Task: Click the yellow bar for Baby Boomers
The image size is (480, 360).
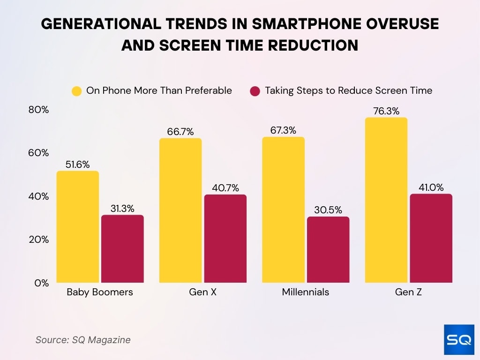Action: click(78, 227)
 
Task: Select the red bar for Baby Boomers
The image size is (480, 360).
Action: click(122, 249)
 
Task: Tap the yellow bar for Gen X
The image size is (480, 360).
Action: click(180, 210)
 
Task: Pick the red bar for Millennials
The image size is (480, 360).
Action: click(328, 250)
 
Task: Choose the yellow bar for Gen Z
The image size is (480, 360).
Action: click(386, 200)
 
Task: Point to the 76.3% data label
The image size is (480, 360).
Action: click(386, 111)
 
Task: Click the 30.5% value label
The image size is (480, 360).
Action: click(328, 210)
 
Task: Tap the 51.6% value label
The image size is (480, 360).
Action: click(78, 165)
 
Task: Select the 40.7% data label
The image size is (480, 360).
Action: click(225, 188)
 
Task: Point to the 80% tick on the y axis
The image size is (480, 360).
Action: click(38, 110)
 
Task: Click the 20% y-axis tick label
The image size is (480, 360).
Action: click(38, 240)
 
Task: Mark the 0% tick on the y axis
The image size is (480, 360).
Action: click(42, 283)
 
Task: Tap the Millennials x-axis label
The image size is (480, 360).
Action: click(306, 292)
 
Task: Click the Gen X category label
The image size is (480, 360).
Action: click(202, 292)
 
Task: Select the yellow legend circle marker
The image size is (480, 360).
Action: click(76, 91)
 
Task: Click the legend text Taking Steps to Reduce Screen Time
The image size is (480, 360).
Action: click(348, 90)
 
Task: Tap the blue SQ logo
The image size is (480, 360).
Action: click(459, 340)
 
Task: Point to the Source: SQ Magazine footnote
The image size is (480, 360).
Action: click(83, 340)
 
